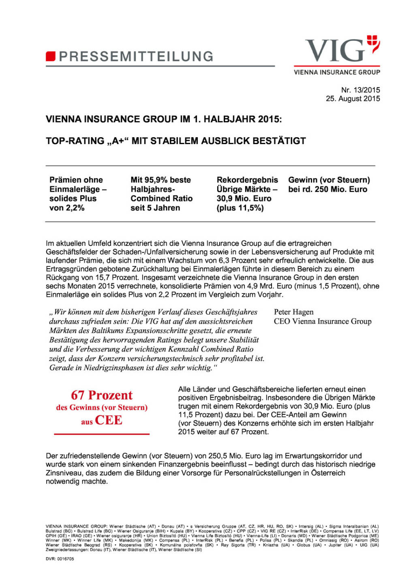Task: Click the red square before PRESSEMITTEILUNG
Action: click(x=50, y=56)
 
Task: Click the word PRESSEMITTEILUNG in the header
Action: click(x=136, y=56)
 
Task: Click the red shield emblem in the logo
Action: click(x=373, y=43)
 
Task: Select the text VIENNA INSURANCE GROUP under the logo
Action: click(x=337, y=72)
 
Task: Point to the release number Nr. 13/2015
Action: click(x=360, y=90)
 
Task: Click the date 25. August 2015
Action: click(x=353, y=98)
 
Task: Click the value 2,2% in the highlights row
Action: click(x=75, y=208)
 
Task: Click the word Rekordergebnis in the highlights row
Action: click(x=247, y=180)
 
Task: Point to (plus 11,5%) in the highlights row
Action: click(x=240, y=208)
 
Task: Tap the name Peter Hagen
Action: click(x=293, y=312)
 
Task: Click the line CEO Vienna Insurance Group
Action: click(x=323, y=321)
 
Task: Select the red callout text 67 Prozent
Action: click(x=102, y=395)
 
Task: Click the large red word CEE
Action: click(x=109, y=420)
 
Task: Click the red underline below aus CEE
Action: click(x=102, y=434)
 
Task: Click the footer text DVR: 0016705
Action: click(x=60, y=559)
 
